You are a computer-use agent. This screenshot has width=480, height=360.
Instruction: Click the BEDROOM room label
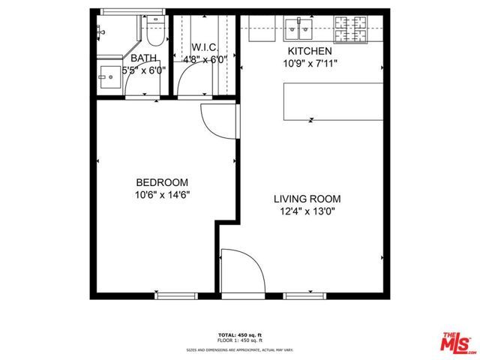[161, 182]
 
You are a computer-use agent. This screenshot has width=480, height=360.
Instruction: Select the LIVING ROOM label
[307, 199]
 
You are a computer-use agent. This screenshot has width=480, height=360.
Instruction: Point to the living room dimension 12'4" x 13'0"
[307, 211]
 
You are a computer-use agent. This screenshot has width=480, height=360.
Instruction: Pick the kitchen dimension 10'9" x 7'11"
[310, 64]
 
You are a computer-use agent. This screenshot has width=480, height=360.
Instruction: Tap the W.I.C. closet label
[204, 46]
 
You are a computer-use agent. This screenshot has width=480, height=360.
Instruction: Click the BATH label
[143, 58]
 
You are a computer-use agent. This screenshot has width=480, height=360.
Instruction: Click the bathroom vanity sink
[109, 76]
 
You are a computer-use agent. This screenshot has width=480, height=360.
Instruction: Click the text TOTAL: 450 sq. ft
[239, 335]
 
